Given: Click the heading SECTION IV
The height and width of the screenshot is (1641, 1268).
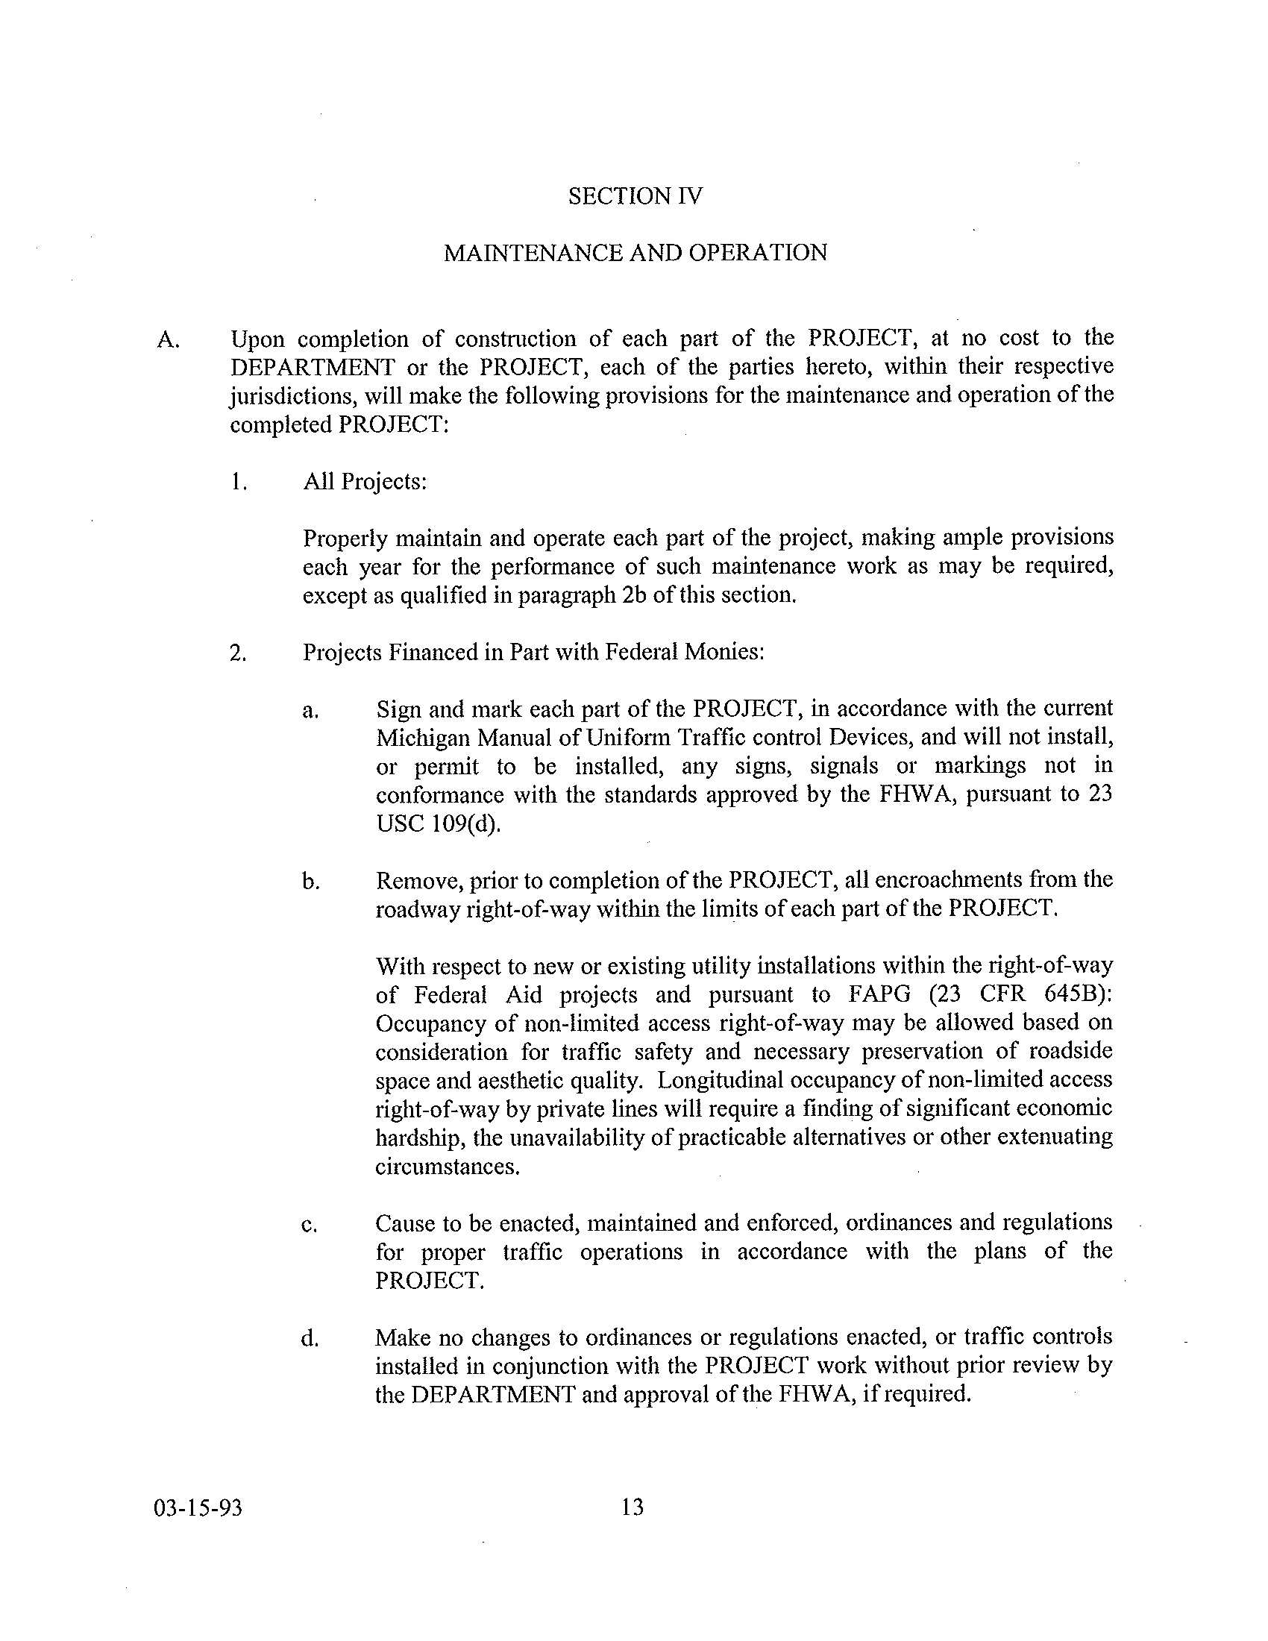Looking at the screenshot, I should [x=635, y=196].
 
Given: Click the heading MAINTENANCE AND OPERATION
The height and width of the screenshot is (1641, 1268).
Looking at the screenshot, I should [x=635, y=253].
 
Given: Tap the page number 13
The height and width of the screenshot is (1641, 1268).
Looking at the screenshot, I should [x=633, y=1507].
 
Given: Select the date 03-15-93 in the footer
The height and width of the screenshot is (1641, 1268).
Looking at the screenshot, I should [x=198, y=1507].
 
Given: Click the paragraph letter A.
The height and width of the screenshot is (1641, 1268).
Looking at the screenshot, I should [x=168, y=340].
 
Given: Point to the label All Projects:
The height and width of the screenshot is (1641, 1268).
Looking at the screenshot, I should [x=365, y=482].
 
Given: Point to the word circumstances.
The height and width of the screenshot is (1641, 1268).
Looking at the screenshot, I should [x=448, y=1167].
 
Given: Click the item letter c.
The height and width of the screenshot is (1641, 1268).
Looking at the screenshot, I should [x=309, y=1226].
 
